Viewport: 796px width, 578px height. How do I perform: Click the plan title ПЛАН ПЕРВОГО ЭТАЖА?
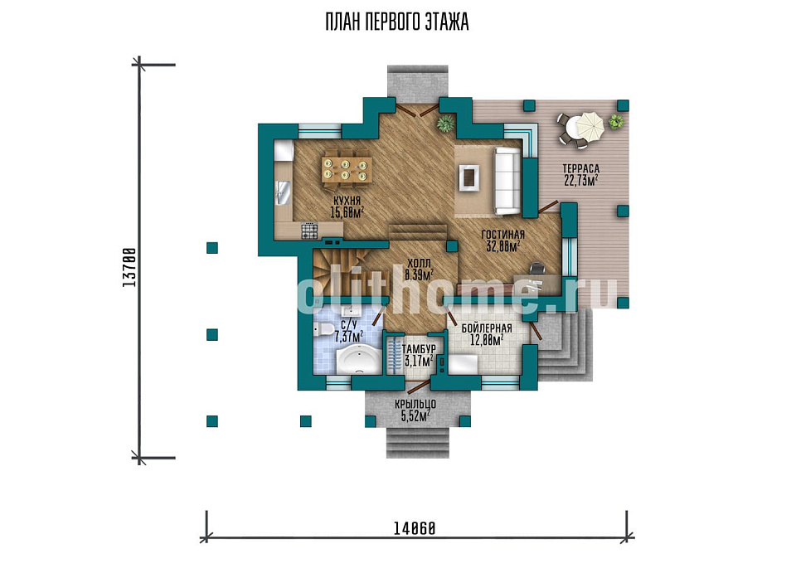pos(397,22)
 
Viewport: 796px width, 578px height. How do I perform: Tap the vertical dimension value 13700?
pos(129,267)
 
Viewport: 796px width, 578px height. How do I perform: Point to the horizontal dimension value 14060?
pos(415,529)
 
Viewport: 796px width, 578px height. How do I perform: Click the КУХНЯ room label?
pos(347,201)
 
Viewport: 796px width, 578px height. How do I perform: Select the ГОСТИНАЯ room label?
pos(502,235)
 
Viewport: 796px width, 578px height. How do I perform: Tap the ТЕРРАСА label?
pos(580,168)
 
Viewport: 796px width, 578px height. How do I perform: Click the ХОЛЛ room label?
pos(419,264)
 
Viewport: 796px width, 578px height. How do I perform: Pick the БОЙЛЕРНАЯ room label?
pos(487,328)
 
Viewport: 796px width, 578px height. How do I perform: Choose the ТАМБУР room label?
pos(419,349)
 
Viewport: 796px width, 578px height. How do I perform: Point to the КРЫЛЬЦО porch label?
pos(415,405)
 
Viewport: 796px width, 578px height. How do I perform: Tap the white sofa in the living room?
pos(507,181)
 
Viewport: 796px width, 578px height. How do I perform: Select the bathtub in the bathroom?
pos(358,359)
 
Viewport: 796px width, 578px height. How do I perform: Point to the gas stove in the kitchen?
pos(309,231)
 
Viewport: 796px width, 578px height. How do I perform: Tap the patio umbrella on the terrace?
pos(589,125)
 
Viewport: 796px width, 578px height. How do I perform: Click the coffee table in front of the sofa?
pos(469,177)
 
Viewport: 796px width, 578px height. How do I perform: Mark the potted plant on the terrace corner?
pos(616,121)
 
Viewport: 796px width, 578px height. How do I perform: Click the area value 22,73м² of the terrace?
pos(580,180)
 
